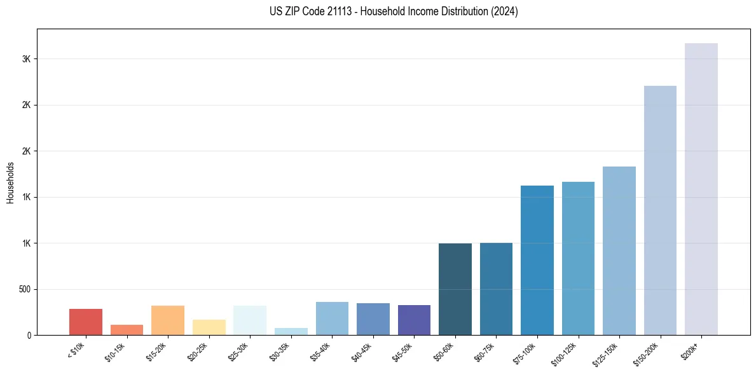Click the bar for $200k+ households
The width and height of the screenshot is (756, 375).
pos(701,189)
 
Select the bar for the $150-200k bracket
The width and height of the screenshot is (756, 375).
pos(660,210)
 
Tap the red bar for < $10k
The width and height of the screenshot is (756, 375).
pos(86,322)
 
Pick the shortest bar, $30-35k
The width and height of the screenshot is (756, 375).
pos(291,331)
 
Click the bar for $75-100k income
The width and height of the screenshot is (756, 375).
pos(537,260)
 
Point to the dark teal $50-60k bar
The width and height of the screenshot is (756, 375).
pos(455,289)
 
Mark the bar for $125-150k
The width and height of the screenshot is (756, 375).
pos(619,250)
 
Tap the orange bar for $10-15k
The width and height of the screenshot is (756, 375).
pos(127,329)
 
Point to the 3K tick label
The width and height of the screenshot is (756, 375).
pos(26,59)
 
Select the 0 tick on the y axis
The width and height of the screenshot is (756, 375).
pos(29,335)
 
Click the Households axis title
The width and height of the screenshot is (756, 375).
pos(11,182)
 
